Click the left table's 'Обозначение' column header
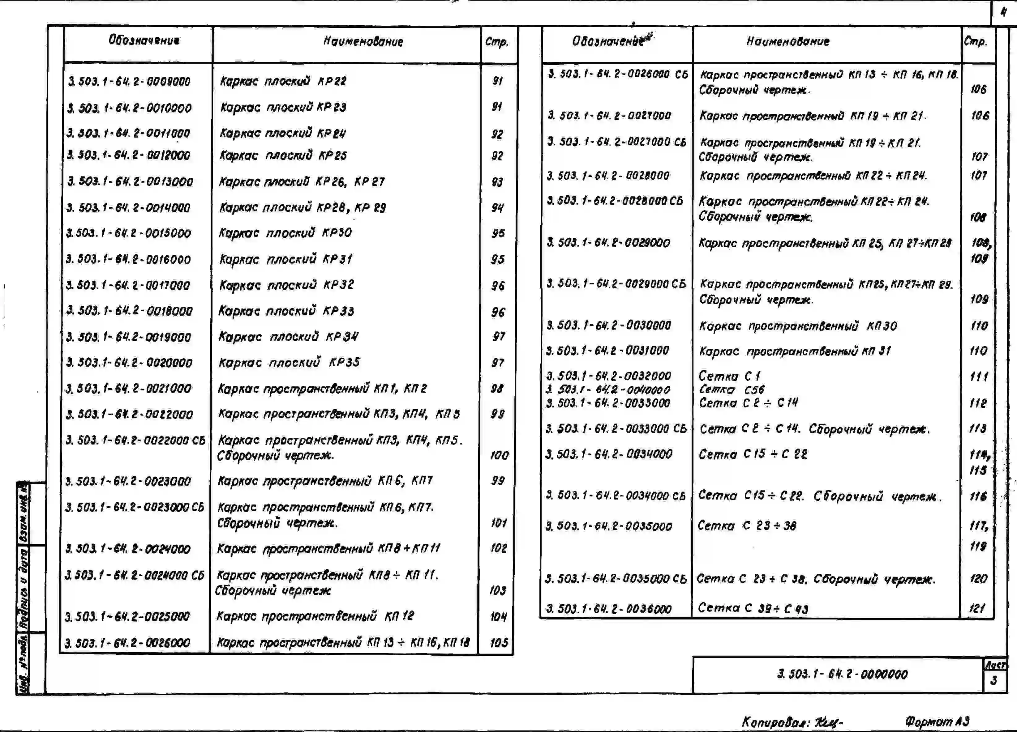click(144, 40)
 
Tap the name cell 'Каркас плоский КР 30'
click(285, 233)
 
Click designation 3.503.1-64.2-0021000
click(128, 389)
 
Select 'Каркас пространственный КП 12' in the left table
click(315, 616)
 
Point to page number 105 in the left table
click(499, 643)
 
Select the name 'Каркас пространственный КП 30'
click(798, 326)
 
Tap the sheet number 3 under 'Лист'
click(994, 680)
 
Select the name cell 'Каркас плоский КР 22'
click(283, 81)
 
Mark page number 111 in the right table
click(978, 377)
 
